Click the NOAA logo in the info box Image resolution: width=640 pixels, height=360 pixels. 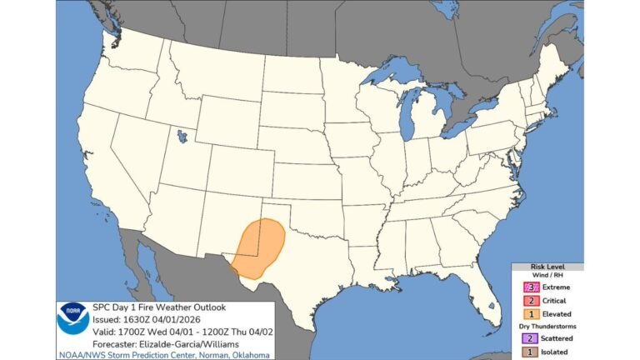coord(72,320)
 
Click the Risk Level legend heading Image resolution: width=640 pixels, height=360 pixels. coord(547,267)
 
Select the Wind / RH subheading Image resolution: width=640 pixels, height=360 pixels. coord(547,276)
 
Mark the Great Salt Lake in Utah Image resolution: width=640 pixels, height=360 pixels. coord(182,134)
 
